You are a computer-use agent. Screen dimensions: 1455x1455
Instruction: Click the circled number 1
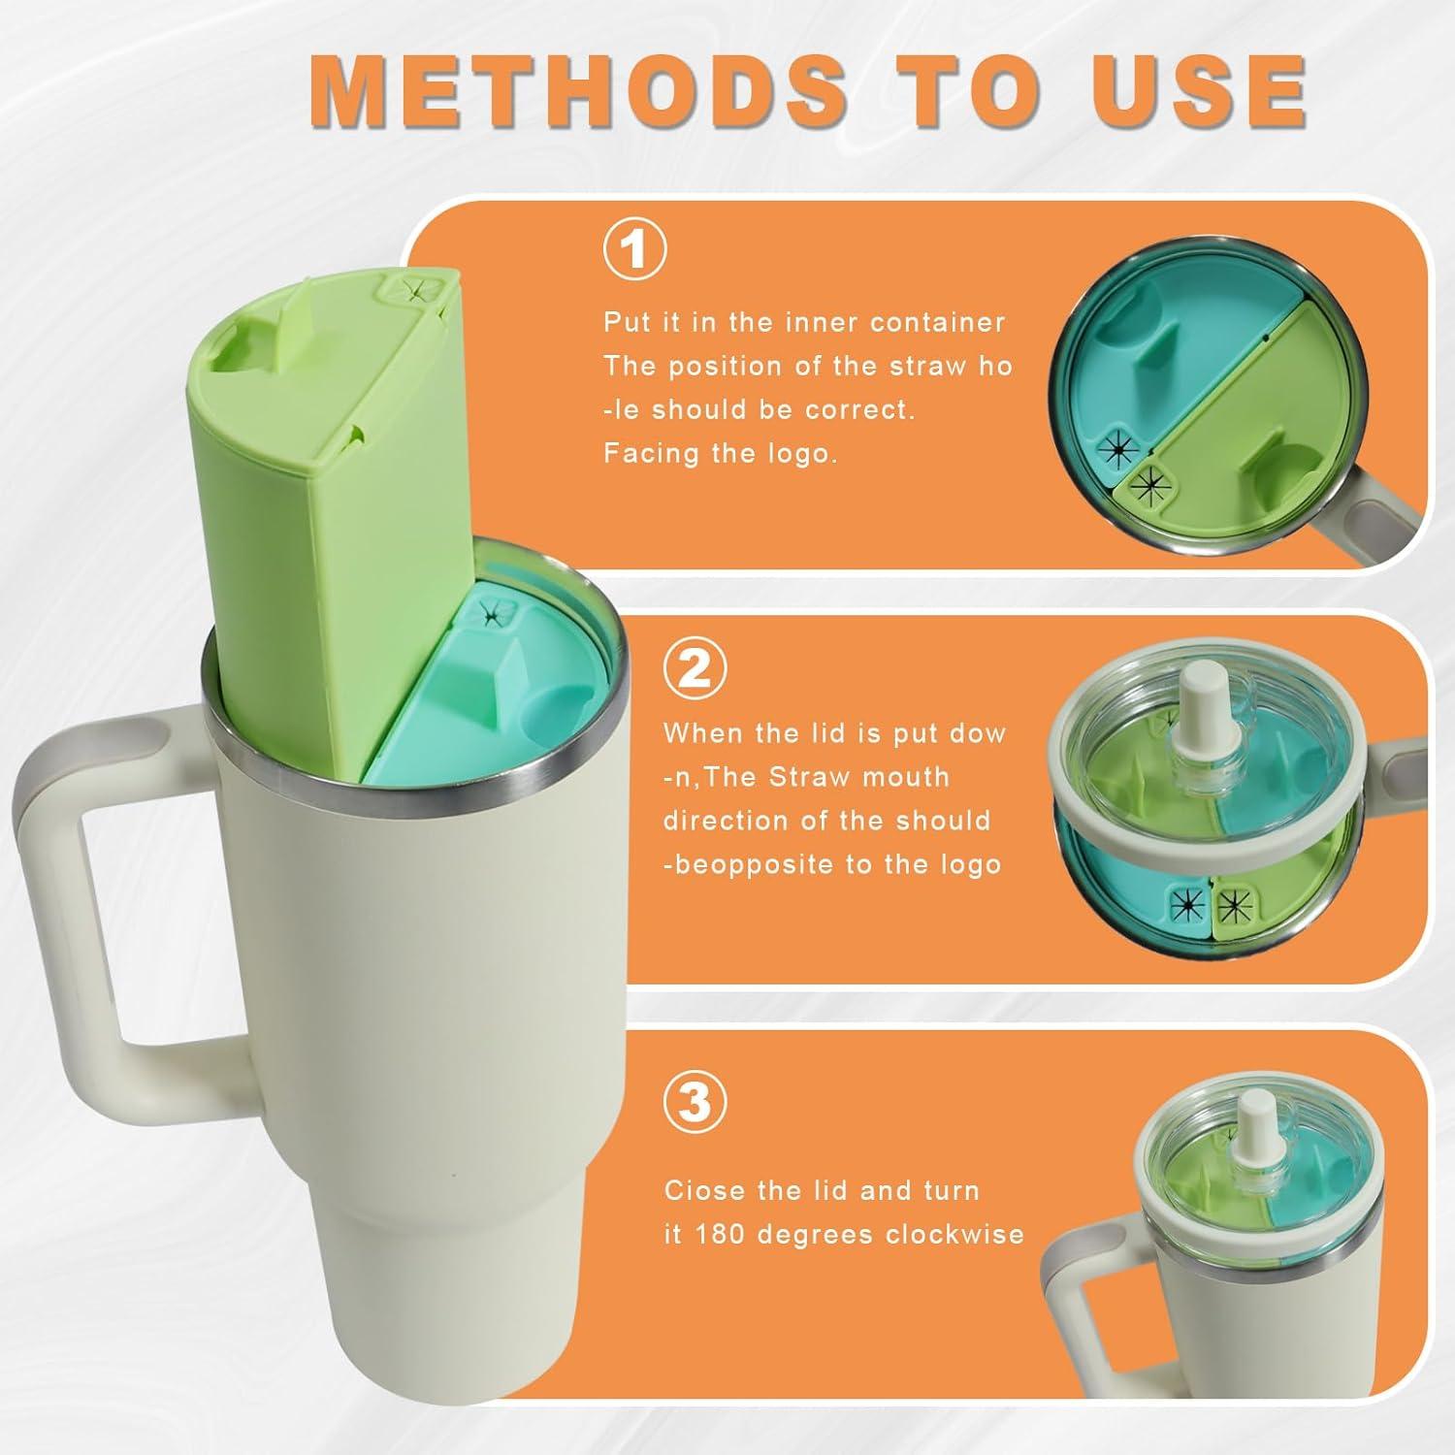(x=635, y=250)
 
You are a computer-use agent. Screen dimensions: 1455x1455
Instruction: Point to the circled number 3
(x=695, y=1101)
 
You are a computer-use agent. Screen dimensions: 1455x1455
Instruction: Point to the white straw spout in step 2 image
(x=1200, y=718)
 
